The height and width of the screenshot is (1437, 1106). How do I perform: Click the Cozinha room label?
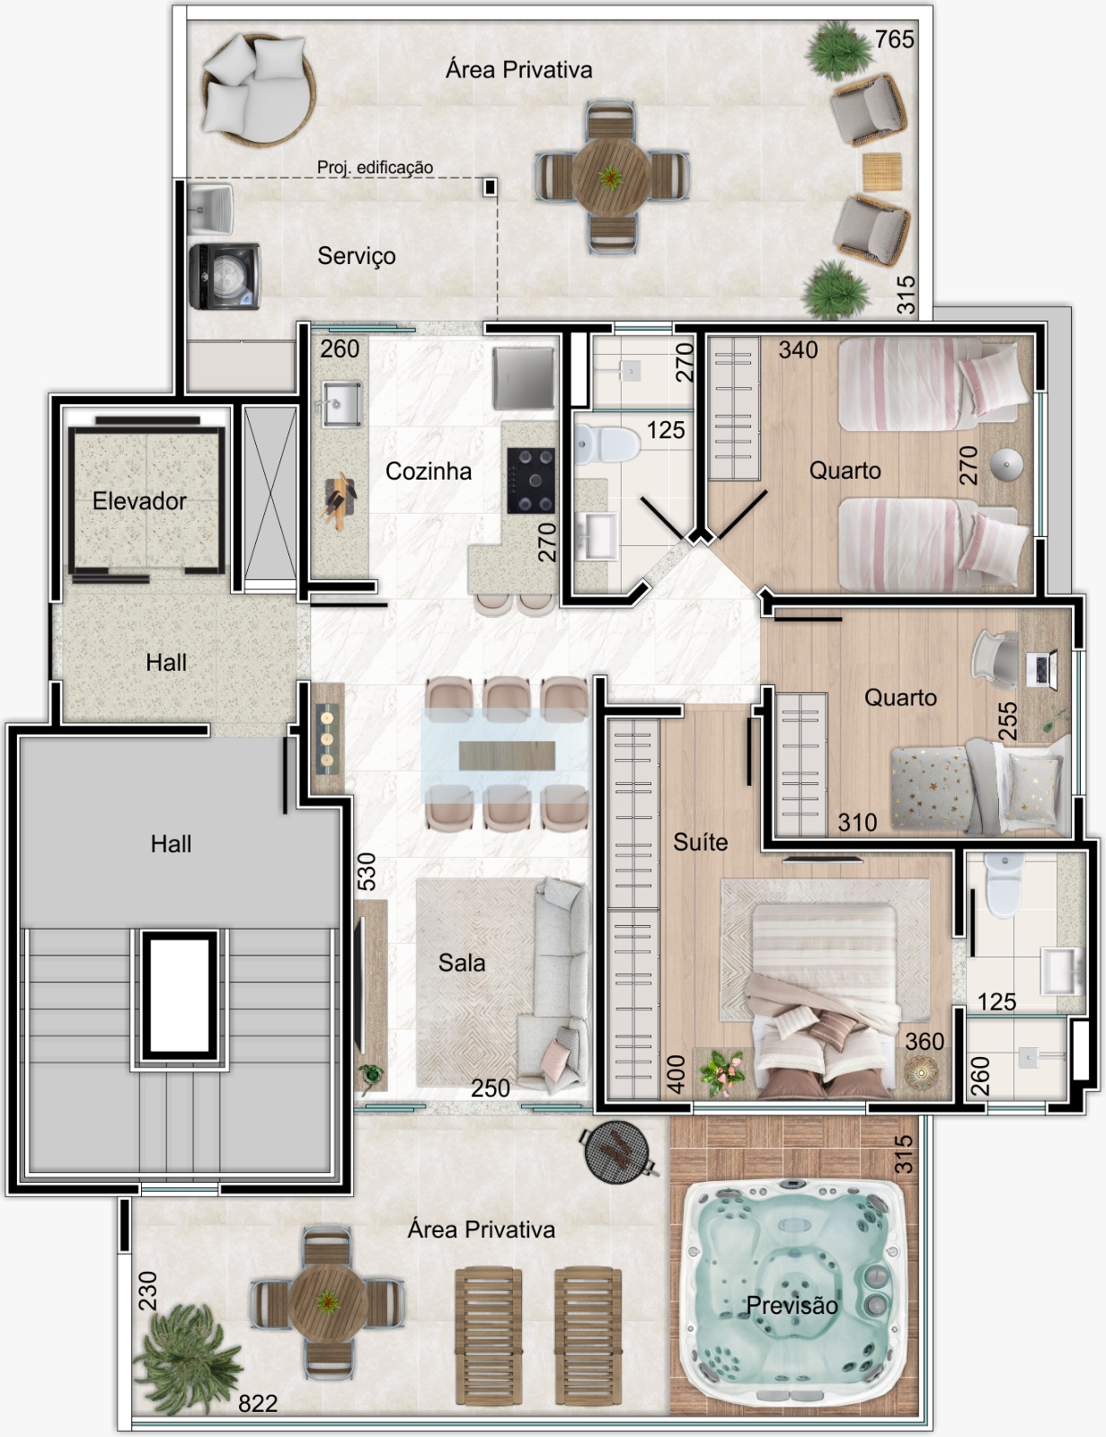(x=429, y=471)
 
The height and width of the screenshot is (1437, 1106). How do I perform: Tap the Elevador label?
(x=139, y=500)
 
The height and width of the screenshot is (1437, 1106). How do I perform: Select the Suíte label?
(x=701, y=842)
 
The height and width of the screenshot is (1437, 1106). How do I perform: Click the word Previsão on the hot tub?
(x=792, y=1305)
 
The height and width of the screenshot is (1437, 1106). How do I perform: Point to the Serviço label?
(x=357, y=256)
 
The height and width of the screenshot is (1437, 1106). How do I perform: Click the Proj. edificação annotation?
(x=375, y=167)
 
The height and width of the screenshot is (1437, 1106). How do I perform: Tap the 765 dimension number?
(x=894, y=40)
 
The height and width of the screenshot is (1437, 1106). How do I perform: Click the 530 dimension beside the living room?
(x=367, y=871)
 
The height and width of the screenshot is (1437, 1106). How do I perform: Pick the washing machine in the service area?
(x=225, y=276)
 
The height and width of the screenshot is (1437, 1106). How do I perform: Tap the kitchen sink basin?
(x=341, y=403)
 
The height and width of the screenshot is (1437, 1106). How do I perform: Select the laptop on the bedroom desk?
(x=1040, y=668)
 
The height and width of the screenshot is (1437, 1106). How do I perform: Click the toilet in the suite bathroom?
(x=1004, y=884)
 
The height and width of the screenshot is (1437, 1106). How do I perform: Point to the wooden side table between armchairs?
(x=881, y=172)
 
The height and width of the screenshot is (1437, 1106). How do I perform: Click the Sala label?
(x=462, y=962)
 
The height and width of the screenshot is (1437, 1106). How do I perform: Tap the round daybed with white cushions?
(x=259, y=89)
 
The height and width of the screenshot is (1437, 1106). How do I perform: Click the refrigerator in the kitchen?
(x=523, y=378)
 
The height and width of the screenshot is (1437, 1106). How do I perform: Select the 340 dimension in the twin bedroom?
(x=798, y=350)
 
